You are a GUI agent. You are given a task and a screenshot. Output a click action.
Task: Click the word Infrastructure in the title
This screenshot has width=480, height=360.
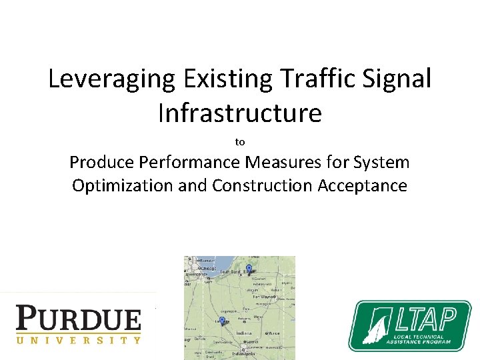(x=240, y=113)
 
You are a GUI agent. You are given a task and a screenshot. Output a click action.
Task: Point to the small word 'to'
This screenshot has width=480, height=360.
(x=240, y=142)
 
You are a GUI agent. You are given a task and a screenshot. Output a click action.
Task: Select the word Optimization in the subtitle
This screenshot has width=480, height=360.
(x=123, y=185)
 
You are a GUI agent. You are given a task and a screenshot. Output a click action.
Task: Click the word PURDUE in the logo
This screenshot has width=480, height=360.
(x=79, y=319)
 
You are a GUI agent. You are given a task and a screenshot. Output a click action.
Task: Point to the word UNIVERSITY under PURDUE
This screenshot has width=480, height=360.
(x=79, y=339)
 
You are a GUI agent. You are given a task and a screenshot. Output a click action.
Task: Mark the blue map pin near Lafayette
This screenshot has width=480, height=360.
(x=222, y=321)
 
